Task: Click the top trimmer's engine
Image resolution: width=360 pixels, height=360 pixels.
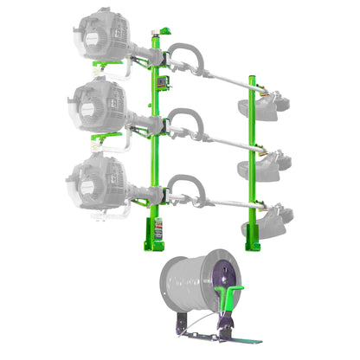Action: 102,35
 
